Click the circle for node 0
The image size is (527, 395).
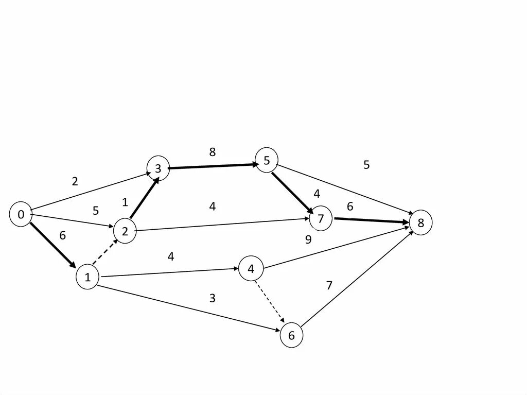point(21,215)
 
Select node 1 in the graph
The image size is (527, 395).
point(87,278)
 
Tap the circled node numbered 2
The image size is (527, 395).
point(125,230)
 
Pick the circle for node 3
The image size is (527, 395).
point(158,168)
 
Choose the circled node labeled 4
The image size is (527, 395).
point(251,269)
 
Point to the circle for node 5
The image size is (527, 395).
point(267,160)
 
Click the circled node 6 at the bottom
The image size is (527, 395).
point(292,336)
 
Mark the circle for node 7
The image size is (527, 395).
point(321,219)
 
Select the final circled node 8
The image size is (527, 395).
point(421,223)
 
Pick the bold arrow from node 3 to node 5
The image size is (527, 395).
point(213,166)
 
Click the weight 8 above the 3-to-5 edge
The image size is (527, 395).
point(213,152)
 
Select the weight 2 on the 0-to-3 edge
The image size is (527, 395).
point(75,181)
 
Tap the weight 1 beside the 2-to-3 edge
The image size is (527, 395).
point(125,202)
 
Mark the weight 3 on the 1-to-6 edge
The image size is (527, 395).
point(212,298)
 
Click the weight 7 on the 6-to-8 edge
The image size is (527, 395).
point(329,285)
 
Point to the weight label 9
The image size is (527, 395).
point(308,239)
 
